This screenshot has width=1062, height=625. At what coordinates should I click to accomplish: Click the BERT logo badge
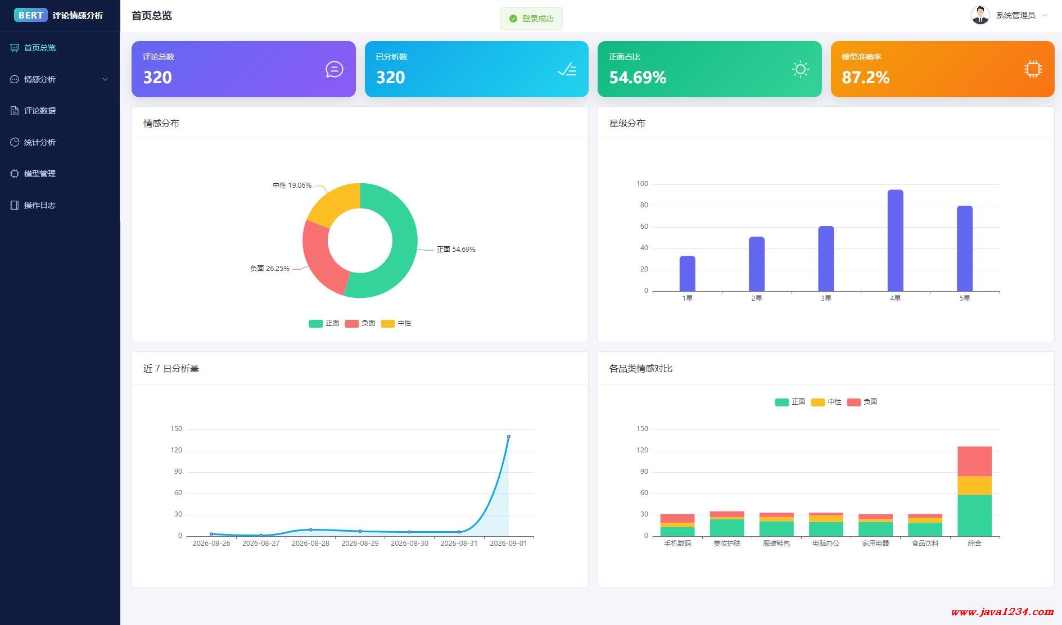[31, 15]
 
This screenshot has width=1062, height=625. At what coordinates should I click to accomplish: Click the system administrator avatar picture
[980, 15]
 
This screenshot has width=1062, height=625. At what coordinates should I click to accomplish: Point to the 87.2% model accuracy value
[865, 77]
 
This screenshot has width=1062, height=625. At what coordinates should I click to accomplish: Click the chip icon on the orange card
[1033, 69]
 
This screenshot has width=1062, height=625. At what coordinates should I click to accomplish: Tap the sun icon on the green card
[800, 69]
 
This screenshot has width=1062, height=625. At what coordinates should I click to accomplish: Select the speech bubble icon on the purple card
[334, 69]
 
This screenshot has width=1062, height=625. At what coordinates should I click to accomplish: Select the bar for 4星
[895, 241]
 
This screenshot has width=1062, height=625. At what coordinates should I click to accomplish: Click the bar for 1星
[687, 274]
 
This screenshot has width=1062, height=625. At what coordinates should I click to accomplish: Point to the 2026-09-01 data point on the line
[509, 436]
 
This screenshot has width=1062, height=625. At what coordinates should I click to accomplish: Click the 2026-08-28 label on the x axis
[310, 544]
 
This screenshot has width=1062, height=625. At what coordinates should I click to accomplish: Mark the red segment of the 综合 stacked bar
[974, 461]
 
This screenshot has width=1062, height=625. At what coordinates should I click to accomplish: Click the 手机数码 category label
[677, 544]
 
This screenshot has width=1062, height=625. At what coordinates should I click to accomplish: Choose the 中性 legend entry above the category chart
[826, 402]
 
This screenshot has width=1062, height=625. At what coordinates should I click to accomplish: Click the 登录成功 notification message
[531, 19]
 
